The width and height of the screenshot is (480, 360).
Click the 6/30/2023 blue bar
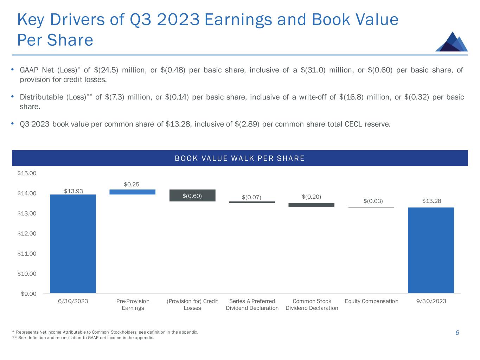(73, 243)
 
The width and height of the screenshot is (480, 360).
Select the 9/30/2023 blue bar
(431, 250)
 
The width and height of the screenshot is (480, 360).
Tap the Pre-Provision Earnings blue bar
(133, 192)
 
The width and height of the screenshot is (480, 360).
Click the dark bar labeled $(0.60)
(192, 195)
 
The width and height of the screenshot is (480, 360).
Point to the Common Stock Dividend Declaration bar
(312, 205)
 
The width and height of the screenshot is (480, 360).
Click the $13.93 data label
(73, 191)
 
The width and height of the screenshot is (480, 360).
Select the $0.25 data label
(133, 184)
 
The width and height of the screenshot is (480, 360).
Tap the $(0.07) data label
(252, 197)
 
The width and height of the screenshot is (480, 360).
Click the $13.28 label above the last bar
(431, 201)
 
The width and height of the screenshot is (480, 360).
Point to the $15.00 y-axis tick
(27, 173)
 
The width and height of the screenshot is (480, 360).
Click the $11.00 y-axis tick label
(27, 253)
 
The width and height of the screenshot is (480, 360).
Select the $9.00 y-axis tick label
(28, 294)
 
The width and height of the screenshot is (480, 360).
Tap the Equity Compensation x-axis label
(372, 301)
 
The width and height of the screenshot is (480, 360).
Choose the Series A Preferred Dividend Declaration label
(252, 304)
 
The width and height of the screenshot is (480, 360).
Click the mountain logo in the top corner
(451, 42)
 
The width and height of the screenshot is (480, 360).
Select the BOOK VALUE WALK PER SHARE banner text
(240, 159)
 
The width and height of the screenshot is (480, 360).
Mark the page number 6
(457, 333)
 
